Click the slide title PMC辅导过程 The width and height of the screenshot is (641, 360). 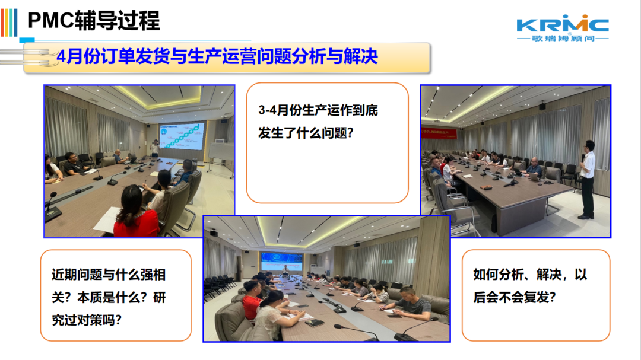(x=94, y=20)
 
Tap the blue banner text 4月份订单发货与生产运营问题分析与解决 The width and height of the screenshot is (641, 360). (x=217, y=56)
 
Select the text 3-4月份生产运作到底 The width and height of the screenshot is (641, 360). (x=318, y=110)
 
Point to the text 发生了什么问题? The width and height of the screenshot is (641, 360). (x=306, y=133)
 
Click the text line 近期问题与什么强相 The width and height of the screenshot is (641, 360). (x=109, y=275)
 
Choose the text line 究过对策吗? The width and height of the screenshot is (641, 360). (x=87, y=320)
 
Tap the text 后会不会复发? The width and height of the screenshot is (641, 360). (x=514, y=297)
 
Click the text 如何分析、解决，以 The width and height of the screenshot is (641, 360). (x=530, y=274)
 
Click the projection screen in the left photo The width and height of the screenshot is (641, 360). (x=182, y=136)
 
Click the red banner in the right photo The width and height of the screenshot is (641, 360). (x=439, y=133)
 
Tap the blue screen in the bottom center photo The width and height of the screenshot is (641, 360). (x=282, y=262)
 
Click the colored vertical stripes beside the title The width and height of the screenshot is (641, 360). (x=9, y=23)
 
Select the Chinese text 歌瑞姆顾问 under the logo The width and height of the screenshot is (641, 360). (x=563, y=39)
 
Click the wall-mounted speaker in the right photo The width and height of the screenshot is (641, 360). (x=542, y=106)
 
